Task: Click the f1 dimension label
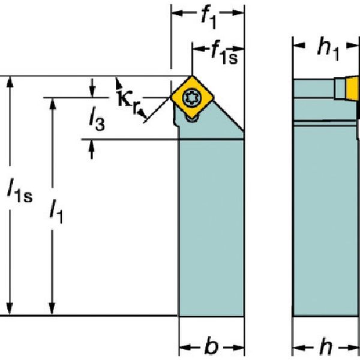pos(208,17)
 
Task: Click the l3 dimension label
pos(95,122)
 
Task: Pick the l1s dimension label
pos(19,192)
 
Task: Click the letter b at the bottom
pos(210,347)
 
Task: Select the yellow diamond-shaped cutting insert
pos(193,96)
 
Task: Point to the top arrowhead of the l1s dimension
pos(10,82)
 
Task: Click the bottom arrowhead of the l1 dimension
pos(53,308)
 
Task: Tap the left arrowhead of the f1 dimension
pos(176,13)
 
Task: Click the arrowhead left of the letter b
pos(184,347)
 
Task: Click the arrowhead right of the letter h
pos(354,347)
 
